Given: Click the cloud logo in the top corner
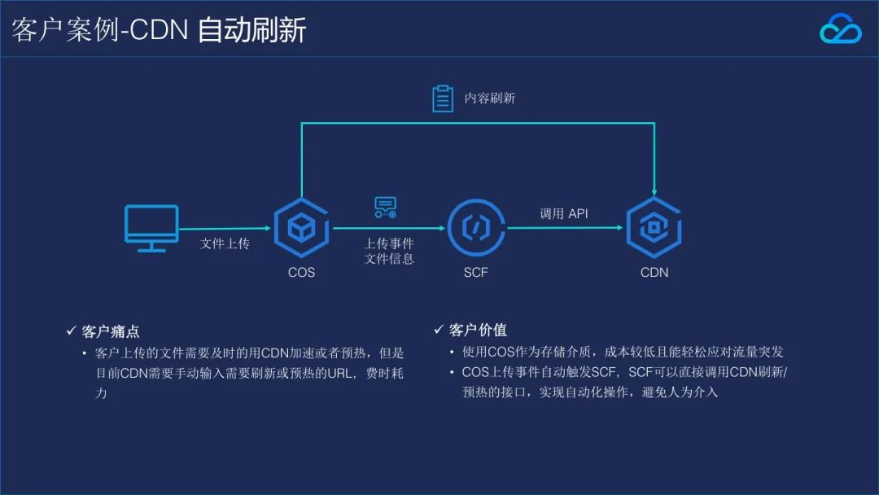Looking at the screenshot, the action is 840,29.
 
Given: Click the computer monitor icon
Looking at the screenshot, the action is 151,227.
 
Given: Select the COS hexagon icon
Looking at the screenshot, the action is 301,228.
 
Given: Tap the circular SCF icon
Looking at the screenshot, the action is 475,228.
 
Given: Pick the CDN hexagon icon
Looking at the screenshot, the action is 654,228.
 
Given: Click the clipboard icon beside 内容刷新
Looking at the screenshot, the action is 442,98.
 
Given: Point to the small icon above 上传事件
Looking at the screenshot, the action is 385,208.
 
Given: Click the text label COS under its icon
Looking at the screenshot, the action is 301,272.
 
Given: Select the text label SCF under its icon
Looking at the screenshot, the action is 475,272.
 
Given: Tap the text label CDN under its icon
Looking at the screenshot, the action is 654,272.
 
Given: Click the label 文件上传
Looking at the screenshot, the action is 225,243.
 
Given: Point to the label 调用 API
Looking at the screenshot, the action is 563,213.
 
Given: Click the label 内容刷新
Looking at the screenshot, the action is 489,98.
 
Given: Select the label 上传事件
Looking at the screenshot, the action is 388,243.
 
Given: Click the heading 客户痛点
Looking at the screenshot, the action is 111,331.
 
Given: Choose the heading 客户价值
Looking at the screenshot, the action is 478,330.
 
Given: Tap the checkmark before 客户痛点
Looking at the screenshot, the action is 71,331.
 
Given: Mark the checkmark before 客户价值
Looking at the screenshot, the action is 439,330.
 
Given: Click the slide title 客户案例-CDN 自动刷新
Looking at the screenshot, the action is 159,30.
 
